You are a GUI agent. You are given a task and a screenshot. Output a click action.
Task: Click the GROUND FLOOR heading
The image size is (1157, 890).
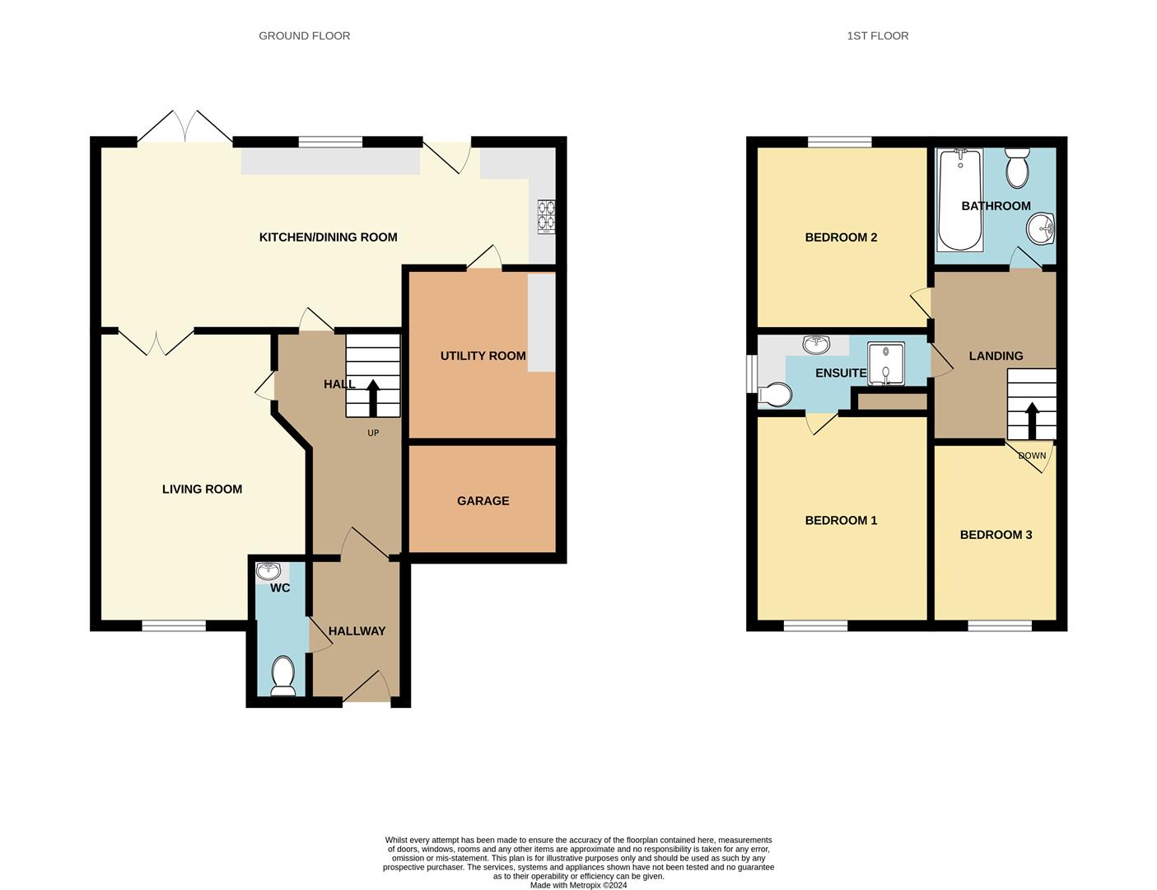(x=304, y=35)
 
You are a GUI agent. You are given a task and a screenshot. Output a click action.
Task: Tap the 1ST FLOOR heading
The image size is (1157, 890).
(x=877, y=35)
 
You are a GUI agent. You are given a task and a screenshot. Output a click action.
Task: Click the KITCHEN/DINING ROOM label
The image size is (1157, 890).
(x=328, y=237)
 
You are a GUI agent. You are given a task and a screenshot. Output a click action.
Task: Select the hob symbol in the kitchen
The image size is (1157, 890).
(x=547, y=217)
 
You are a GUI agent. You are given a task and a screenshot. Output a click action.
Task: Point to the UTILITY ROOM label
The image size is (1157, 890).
(x=483, y=356)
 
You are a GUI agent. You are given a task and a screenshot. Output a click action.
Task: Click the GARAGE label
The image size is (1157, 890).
(x=483, y=501)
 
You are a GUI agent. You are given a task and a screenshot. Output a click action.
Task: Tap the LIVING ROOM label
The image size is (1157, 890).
(x=202, y=489)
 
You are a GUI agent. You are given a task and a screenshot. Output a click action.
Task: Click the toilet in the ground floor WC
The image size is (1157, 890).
(x=283, y=675)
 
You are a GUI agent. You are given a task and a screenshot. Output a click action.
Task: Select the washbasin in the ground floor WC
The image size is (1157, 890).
(x=268, y=570)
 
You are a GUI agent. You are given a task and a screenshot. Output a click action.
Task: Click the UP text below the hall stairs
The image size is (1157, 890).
(x=373, y=433)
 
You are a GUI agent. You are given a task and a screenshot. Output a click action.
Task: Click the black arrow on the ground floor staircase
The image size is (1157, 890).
(x=372, y=397)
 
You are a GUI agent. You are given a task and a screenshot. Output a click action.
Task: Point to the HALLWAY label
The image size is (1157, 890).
(x=357, y=631)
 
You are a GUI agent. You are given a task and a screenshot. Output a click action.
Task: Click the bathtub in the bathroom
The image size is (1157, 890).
(x=959, y=200)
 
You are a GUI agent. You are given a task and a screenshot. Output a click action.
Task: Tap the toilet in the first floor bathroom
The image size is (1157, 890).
(x=1018, y=168)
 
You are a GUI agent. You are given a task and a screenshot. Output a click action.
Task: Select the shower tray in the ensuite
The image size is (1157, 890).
(x=885, y=363)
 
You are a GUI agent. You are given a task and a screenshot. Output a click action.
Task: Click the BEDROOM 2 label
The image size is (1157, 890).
(x=841, y=237)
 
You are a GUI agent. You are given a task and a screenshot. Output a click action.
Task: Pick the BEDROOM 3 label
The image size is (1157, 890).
(x=996, y=535)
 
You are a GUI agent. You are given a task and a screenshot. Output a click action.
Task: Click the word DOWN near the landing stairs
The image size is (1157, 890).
(x=1032, y=456)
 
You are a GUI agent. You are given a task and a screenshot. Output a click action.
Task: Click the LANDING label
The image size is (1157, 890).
(x=996, y=356)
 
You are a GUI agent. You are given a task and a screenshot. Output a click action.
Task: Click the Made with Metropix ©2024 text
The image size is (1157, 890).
(x=578, y=885)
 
